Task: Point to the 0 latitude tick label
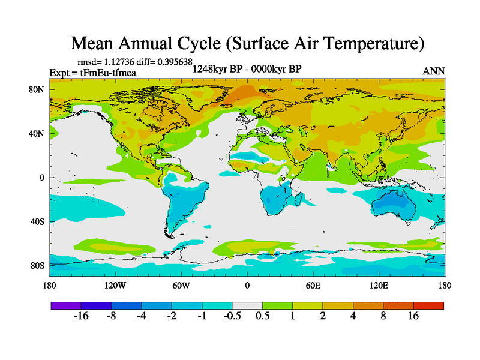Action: coord(43,178)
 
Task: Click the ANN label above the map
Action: coord(433,71)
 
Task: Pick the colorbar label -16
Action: coord(81,316)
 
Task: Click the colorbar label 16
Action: coord(413,316)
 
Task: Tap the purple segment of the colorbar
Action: coord(66,305)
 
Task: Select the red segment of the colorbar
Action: coord(428,305)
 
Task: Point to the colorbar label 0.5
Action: coord(262,316)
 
